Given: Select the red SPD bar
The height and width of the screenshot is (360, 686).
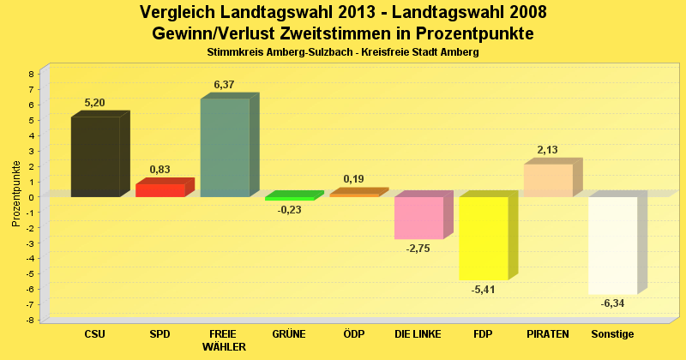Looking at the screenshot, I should tap(160, 190).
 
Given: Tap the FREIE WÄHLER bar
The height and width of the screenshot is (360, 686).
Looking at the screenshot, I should tap(225, 147).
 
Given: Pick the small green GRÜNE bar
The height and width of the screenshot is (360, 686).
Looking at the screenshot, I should tap(290, 198).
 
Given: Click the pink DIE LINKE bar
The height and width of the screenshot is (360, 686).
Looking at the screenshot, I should tap(418, 218).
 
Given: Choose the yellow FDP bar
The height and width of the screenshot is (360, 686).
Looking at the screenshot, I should tap(484, 238).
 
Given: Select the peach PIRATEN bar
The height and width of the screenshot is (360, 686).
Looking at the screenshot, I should tap(548, 180).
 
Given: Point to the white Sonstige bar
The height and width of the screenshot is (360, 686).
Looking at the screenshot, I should tap(612, 245).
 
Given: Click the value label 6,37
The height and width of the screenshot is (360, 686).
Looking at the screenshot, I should tap(224, 85).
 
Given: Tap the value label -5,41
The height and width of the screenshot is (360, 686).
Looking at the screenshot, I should tap(484, 290).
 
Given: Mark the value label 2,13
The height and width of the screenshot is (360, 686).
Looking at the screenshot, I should tap(547, 150).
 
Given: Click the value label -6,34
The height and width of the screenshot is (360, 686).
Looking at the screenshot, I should tap(612, 303).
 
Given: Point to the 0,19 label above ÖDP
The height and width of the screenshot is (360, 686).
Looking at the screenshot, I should tap(353, 179).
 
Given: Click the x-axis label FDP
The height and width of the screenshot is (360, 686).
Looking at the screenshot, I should tap(483, 333).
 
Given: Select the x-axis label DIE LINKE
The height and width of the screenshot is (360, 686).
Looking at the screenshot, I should tap(418, 333).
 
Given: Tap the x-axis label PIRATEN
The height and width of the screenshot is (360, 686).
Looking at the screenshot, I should tap(547, 333).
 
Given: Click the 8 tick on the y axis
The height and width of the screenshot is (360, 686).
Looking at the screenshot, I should tap(31, 75).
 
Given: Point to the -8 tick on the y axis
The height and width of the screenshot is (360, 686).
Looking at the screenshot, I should tap(29, 321).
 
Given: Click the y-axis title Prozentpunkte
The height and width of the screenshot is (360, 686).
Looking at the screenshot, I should tap(16, 194).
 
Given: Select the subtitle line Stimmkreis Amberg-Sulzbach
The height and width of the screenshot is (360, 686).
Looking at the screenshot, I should tap(342, 52).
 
